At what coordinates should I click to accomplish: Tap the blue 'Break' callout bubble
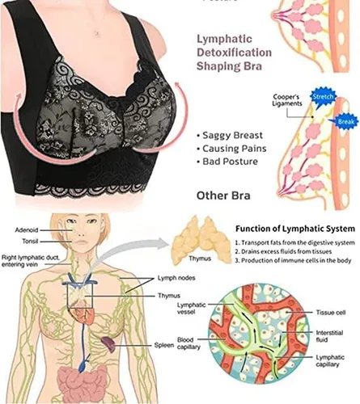pyautogui.click(x=345, y=122)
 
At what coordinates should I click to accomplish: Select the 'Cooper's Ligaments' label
pyautogui.click(x=287, y=100)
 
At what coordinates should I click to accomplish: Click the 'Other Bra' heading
pyautogui.click(x=223, y=196)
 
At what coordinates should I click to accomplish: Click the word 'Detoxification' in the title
pyautogui.click(x=234, y=53)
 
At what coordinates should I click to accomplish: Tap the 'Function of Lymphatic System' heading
pyautogui.click(x=295, y=229)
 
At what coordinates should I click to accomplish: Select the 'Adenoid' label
pyautogui.click(x=27, y=230)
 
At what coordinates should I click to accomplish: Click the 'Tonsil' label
pyautogui.click(x=30, y=241)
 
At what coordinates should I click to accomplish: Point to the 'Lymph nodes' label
pyautogui.click(x=176, y=278)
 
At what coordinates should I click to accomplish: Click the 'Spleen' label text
pyautogui.click(x=164, y=345)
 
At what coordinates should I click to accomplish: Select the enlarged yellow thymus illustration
pyautogui.click(x=201, y=240)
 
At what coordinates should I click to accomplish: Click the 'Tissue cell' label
pyautogui.click(x=331, y=313)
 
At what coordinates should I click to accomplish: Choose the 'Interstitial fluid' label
pyautogui.click(x=329, y=336)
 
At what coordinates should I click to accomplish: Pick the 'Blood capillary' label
pyautogui.click(x=188, y=343)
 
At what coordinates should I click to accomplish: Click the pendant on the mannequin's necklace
pyautogui.click(x=96, y=33)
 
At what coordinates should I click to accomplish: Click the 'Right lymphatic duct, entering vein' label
pyautogui.click(x=31, y=261)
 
